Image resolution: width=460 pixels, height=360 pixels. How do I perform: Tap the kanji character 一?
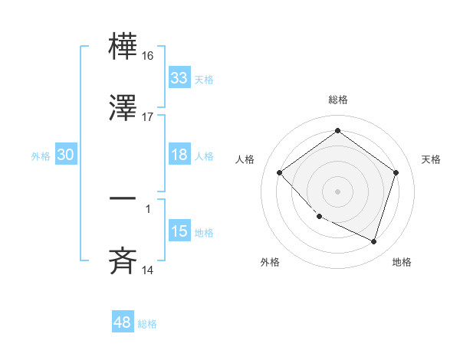(x=123, y=200)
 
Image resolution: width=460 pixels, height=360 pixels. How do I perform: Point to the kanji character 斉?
(x=123, y=261)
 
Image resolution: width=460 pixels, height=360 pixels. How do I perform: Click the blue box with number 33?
(x=179, y=77)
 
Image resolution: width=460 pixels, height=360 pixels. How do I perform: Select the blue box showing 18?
(x=179, y=155)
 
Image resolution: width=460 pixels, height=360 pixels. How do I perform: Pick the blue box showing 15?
(x=179, y=231)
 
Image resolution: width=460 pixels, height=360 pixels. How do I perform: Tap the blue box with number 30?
(x=66, y=155)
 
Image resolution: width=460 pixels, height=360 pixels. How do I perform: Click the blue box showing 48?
(x=123, y=322)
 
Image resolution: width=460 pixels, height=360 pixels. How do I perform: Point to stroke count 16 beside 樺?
(x=148, y=56)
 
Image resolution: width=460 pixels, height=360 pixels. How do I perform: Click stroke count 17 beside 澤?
(x=148, y=117)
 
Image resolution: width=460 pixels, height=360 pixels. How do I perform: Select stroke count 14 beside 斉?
(x=148, y=270)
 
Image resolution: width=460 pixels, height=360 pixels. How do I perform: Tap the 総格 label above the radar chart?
(x=338, y=100)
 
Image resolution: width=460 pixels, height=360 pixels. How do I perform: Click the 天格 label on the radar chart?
(x=432, y=159)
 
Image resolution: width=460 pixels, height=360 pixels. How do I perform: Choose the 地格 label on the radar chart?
(x=402, y=263)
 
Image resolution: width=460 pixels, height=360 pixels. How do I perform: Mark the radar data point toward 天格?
(x=396, y=172)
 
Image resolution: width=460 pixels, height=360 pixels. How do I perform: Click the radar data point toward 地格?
(x=373, y=241)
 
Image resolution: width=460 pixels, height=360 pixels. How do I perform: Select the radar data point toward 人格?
(x=280, y=172)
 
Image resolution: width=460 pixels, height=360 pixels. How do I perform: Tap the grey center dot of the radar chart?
(x=338, y=191)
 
